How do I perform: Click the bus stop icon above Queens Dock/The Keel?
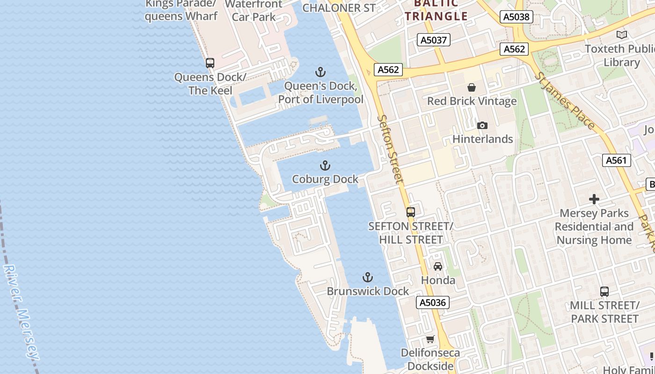pos(210,63)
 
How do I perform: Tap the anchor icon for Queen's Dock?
pos(320,72)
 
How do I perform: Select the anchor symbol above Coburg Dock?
pos(325,165)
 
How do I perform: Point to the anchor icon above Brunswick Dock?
pos(368,277)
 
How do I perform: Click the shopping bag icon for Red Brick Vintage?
pos(472,87)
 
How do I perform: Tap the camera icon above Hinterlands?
pos(482,125)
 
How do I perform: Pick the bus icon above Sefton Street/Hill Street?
pos(411,212)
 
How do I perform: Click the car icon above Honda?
pos(438,266)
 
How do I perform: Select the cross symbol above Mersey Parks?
pos(594,199)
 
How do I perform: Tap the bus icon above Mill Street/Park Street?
pos(604,292)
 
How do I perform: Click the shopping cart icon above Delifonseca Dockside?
pos(430,339)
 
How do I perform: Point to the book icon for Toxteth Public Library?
pos(622,35)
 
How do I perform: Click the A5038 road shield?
pos(517,17)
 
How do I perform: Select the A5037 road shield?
pos(434,40)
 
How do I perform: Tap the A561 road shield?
pos(616,160)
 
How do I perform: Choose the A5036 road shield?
pos(433,302)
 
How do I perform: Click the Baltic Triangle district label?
pos(436,10)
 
